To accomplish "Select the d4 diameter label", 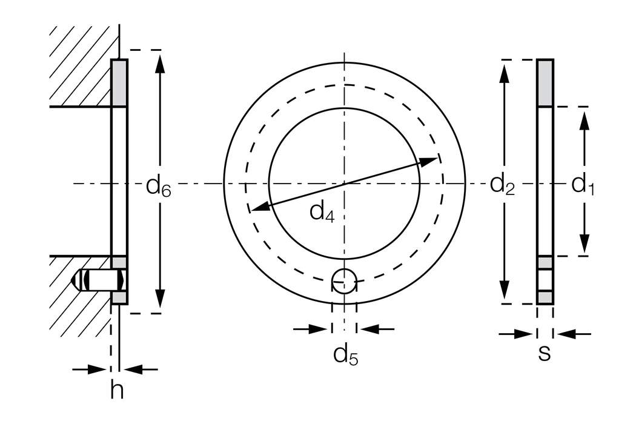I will tap(322, 212).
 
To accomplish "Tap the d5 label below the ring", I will tap(345, 355).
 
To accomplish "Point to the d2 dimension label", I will tap(502, 184).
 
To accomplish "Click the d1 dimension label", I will tap(583, 185).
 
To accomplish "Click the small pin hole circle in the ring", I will tap(345, 280).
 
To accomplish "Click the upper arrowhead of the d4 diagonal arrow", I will tap(429, 161).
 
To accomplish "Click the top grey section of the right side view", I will tap(545, 83).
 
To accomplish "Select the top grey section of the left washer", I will tap(119, 83).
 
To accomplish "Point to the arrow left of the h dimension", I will tap(91, 368).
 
